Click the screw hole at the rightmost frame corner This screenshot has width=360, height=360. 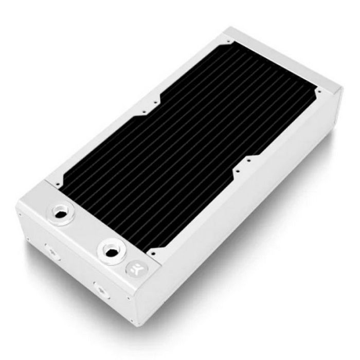319,93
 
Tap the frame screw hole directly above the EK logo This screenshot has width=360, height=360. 152,253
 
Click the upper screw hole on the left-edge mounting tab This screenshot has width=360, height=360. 153,101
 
